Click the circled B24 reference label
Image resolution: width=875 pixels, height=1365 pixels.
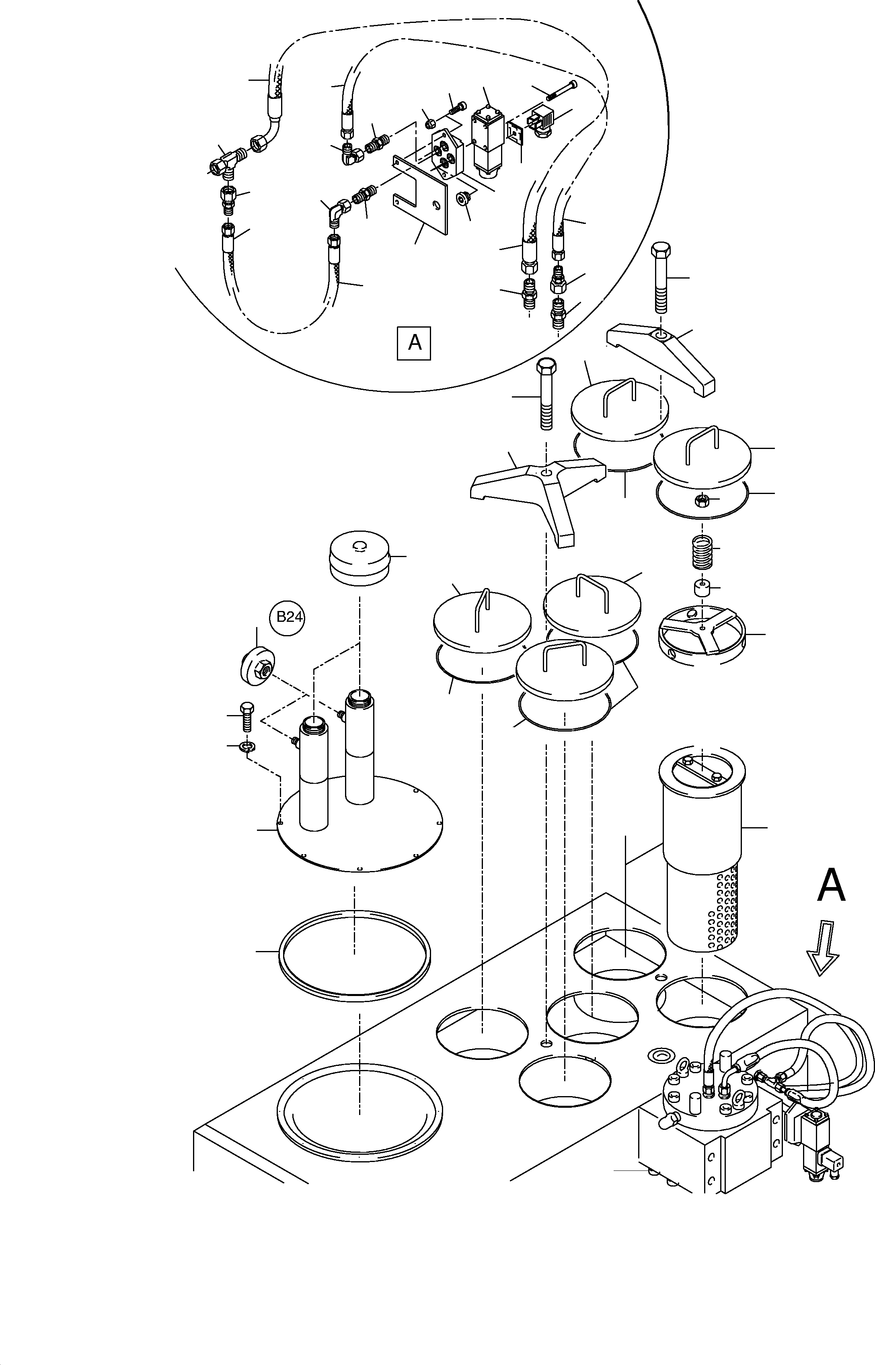coord(289,617)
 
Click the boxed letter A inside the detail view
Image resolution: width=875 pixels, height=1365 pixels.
coord(414,342)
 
